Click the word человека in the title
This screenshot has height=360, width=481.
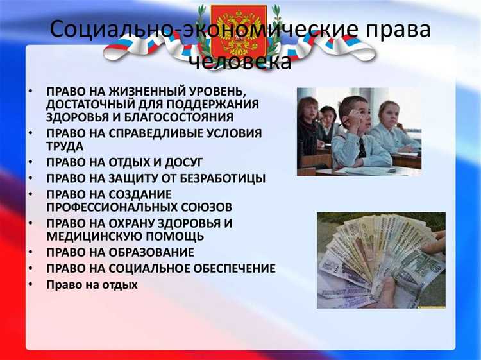pyautogui.click(x=240, y=62)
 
